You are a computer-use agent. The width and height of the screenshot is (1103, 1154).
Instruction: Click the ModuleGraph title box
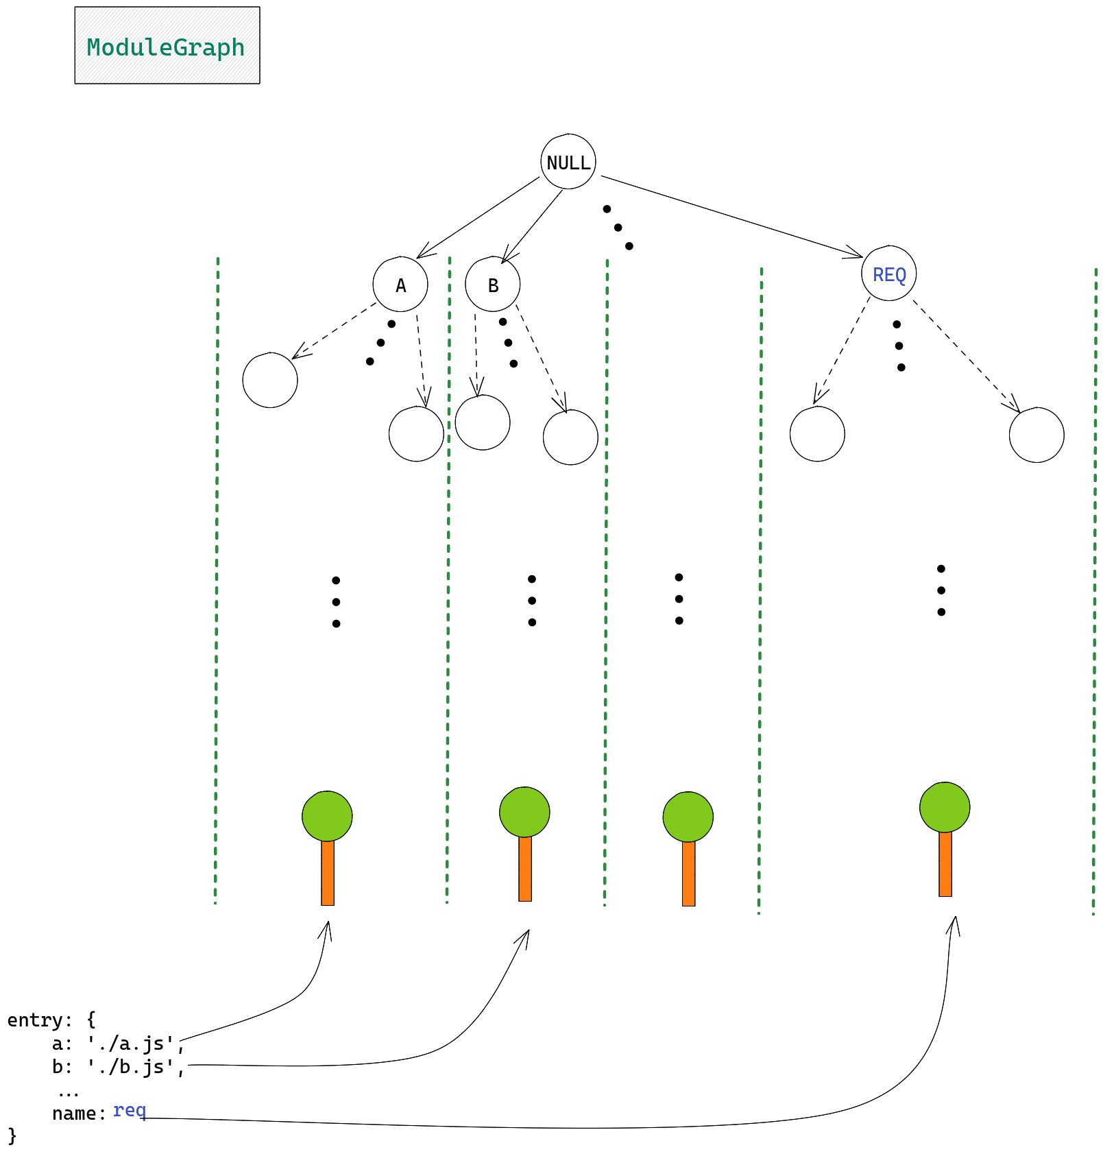click(x=167, y=45)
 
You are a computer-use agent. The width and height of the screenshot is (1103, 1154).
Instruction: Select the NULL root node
click(x=568, y=162)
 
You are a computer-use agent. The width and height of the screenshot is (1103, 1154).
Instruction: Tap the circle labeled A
click(x=400, y=285)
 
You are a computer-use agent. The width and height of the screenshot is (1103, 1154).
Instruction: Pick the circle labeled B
click(x=492, y=285)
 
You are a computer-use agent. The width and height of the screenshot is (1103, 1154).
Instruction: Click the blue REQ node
click(x=888, y=274)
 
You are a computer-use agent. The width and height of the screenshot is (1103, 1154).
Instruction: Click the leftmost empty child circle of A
click(x=270, y=380)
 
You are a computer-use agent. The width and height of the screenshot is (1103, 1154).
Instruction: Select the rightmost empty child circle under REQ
click(x=1036, y=435)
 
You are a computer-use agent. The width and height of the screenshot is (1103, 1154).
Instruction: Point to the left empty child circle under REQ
click(x=817, y=434)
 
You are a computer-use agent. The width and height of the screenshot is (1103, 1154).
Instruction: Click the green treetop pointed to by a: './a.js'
click(x=327, y=816)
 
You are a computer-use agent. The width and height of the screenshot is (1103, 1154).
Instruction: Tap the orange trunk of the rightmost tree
click(x=945, y=864)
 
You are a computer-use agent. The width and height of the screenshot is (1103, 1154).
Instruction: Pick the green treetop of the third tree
click(x=688, y=817)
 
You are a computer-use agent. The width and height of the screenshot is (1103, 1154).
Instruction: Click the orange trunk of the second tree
click(x=524, y=869)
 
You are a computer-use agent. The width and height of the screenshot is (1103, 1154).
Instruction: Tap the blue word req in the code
click(x=130, y=1109)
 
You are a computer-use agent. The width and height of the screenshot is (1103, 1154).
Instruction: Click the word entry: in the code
click(x=39, y=1020)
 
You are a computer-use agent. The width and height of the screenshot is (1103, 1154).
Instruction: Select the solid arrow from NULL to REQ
click(x=731, y=217)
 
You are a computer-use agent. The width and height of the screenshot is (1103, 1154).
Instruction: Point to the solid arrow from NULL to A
click(x=478, y=217)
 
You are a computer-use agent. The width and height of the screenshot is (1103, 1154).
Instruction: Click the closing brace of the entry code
click(x=12, y=1135)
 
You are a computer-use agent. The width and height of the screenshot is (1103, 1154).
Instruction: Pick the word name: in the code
click(x=79, y=1113)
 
